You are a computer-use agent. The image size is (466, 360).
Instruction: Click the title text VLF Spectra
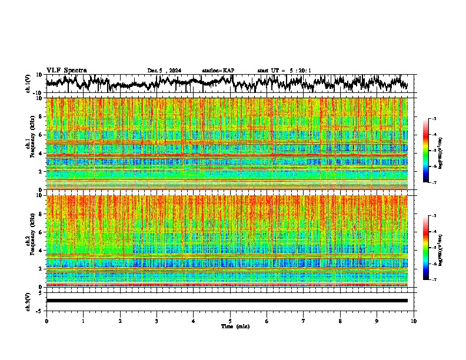point(66,71)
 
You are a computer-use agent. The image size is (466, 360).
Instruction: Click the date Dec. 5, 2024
point(164,71)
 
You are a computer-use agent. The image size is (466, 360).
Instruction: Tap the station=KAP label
point(218,71)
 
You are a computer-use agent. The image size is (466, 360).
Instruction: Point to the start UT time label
point(284,71)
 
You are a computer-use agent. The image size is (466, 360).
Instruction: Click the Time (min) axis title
point(235,326)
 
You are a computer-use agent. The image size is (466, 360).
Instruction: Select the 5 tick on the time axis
point(230,321)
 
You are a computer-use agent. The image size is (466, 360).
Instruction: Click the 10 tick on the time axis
point(414,321)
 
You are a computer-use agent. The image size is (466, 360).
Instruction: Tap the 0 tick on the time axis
point(46,321)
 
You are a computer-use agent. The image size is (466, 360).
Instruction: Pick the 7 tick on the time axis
point(304,321)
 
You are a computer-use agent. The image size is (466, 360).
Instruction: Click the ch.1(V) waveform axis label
point(28,84)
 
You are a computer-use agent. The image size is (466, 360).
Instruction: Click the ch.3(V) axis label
point(28,300)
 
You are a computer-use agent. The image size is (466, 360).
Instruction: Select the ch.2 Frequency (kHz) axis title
point(29,240)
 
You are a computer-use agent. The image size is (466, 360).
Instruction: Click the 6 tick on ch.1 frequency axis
point(41,135)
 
